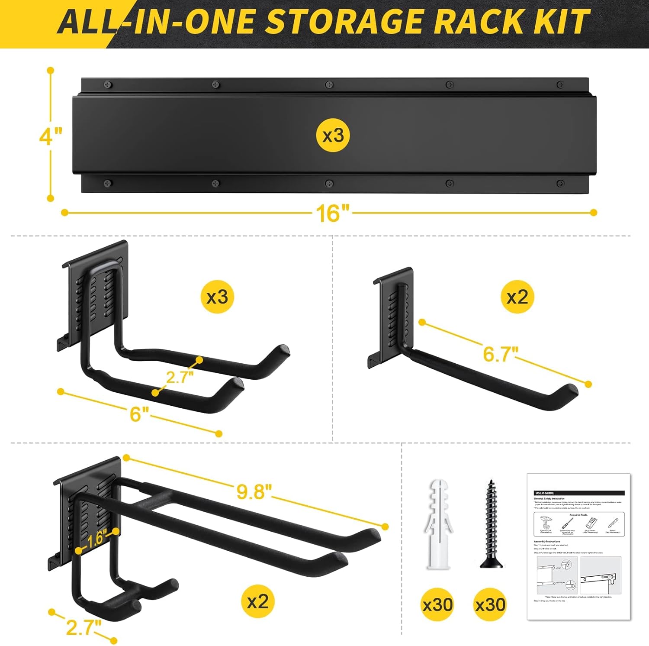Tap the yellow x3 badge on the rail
click(333, 136)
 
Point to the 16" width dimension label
click(332, 213)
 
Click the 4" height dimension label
click(50, 137)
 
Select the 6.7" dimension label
click(500, 354)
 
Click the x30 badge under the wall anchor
click(438, 604)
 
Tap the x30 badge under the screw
click(490, 604)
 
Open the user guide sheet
click(579, 547)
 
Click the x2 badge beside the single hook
click(517, 297)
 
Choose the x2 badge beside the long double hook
click(257, 601)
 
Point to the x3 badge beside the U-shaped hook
click(217, 297)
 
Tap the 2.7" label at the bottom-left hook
click(84, 627)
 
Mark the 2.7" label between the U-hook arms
click(180, 377)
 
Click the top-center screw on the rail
click(329, 84)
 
